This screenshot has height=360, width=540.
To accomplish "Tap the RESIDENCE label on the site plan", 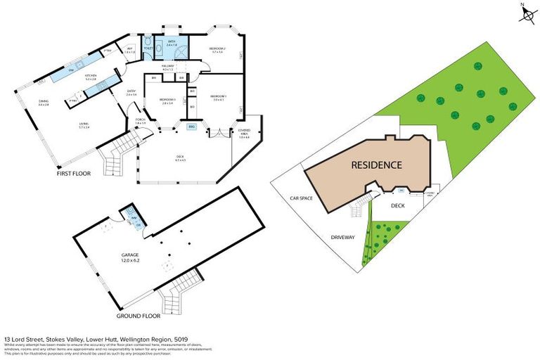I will coord(377,166).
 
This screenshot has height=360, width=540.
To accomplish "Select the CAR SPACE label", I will coord(301,198).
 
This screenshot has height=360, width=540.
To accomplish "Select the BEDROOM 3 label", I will coord(167,101).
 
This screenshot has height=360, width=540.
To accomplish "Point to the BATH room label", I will coord(172,43).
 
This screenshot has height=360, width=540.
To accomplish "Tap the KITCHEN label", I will coord(90,77).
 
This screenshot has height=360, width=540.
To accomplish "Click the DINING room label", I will coord(44,103).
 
